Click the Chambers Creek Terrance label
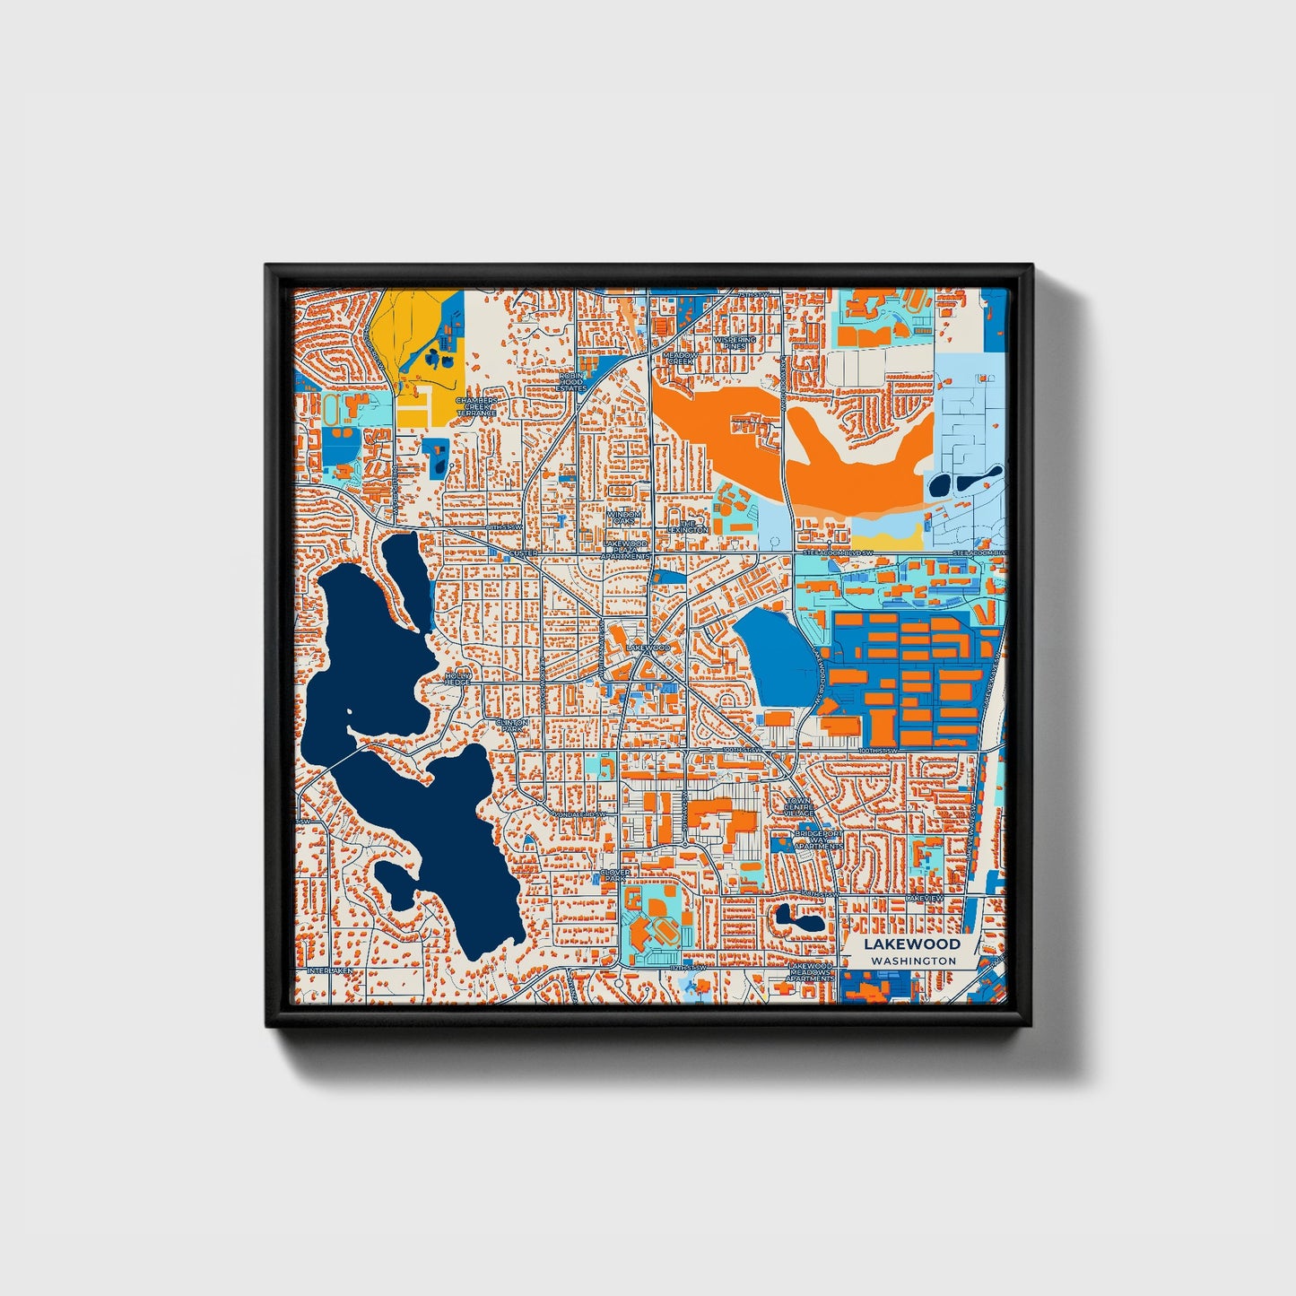tap(475, 406)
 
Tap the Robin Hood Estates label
tap(571, 382)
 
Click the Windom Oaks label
tap(623, 518)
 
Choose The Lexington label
tap(689, 526)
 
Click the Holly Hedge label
tap(457, 678)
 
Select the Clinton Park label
tap(512, 726)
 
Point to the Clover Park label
tap(615, 874)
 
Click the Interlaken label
tap(328, 970)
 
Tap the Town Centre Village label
tap(799, 807)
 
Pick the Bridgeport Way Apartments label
tap(818, 839)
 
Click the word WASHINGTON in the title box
tap(913, 961)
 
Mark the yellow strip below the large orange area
tap(892, 538)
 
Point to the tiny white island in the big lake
tap(349, 715)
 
